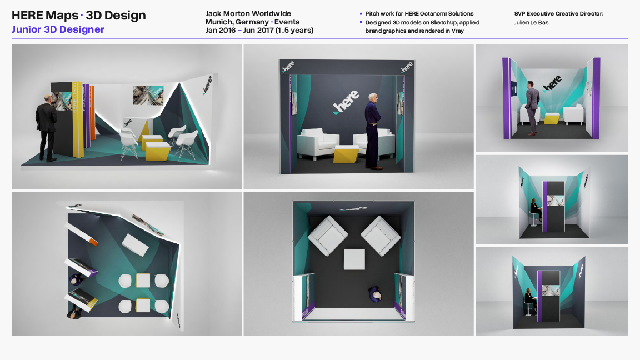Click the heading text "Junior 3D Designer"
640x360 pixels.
(58, 29)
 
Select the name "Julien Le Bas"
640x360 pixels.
(532, 22)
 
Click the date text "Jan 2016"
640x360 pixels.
(221, 30)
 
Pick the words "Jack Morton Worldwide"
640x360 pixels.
(248, 13)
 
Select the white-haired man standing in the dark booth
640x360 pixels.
(373, 131)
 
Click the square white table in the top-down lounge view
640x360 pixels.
(354, 259)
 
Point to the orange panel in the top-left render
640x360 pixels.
(92, 112)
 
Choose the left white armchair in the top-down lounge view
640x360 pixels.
(328, 235)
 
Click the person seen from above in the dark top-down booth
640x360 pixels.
(376, 294)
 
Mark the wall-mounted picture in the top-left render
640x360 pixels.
(148, 96)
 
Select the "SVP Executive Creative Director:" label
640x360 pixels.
(559, 13)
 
